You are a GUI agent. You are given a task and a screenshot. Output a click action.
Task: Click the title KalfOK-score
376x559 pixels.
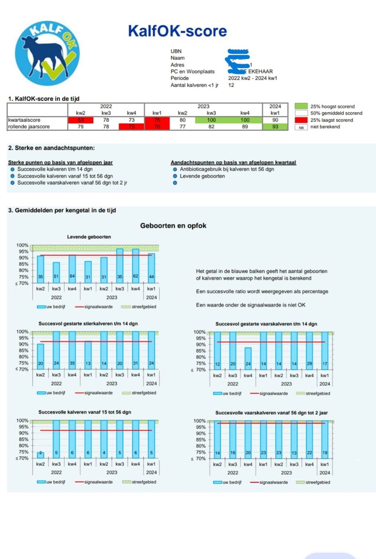(177, 31)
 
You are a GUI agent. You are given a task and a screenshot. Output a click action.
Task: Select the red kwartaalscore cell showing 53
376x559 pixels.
(81, 120)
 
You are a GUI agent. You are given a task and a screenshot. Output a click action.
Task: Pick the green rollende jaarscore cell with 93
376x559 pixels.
(275, 127)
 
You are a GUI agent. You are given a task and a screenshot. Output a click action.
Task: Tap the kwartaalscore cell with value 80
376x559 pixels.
(182, 120)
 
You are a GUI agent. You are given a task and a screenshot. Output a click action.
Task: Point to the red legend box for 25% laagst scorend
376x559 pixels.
(301, 120)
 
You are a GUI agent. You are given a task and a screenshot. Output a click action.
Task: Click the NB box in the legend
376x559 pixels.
(301, 127)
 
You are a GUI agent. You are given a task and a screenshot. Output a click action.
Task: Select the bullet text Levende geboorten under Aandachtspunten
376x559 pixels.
(202, 176)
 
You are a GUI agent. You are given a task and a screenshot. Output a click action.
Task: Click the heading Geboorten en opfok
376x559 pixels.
(173, 226)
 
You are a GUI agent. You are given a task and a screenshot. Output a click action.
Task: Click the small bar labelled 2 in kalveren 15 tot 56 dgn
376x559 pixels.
(41, 454)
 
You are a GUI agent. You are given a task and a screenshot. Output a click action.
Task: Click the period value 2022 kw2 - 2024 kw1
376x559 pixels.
(252, 78)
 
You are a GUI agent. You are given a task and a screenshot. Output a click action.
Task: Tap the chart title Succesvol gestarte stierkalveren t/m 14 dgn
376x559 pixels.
(88, 324)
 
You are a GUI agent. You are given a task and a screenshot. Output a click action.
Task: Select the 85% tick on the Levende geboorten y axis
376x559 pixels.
(23, 264)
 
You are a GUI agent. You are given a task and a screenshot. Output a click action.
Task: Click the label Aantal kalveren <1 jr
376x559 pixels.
(195, 85)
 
